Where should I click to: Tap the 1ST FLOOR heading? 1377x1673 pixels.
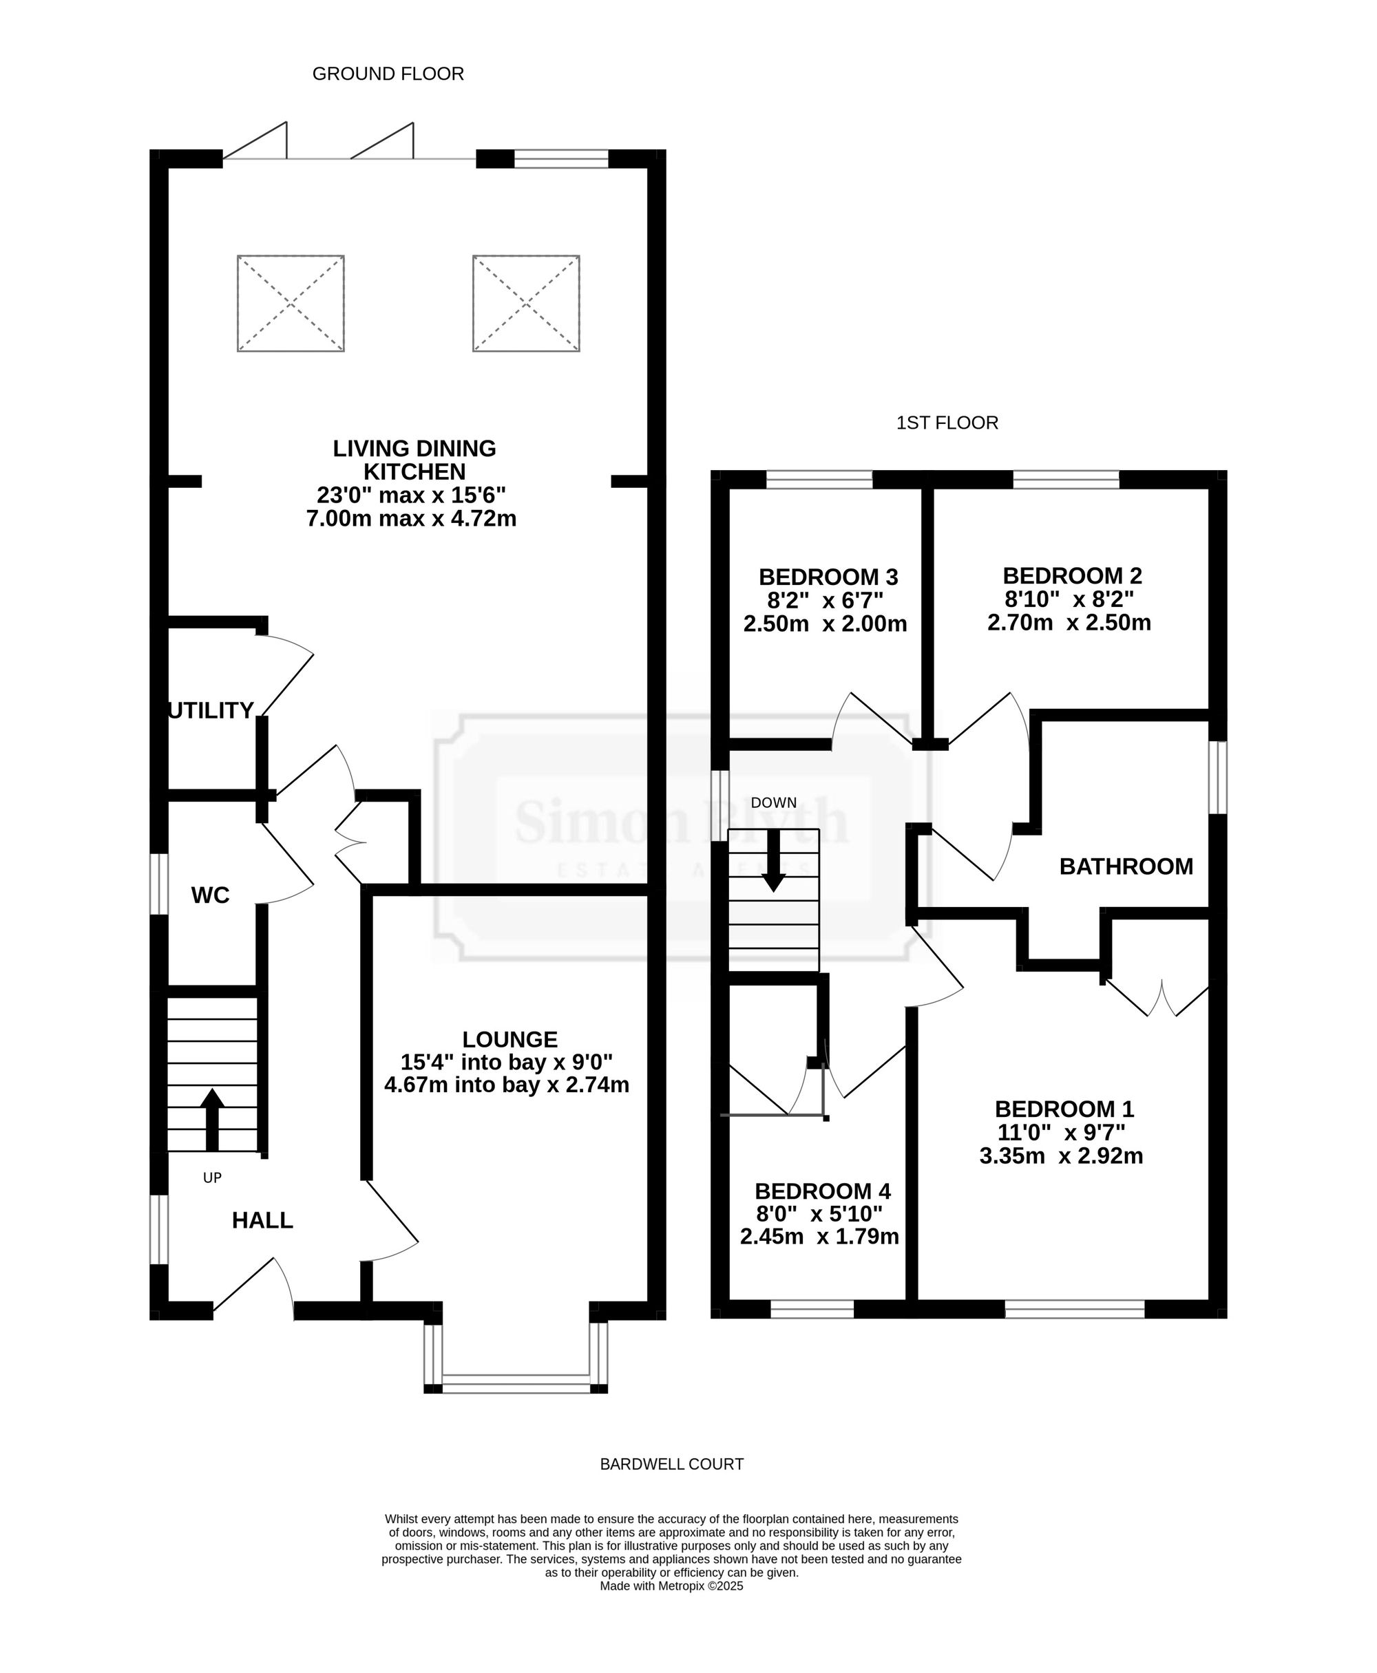(x=947, y=423)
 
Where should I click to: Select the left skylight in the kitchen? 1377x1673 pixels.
(x=291, y=303)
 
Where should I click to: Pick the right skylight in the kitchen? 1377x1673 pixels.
(x=526, y=303)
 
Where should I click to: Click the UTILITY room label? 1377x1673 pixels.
(x=211, y=710)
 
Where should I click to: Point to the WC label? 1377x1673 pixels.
(x=210, y=895)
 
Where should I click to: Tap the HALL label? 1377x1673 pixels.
(x=262, y=1220)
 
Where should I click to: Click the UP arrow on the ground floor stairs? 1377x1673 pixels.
(x=212, y=1120)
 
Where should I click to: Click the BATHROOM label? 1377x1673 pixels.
(x=1126, y=866)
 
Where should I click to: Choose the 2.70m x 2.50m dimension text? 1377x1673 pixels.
(x=1069, y=622)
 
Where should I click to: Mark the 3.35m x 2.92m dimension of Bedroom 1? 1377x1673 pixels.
(x=1061, y=1156)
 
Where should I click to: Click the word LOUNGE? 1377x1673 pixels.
(x=510, y=1039)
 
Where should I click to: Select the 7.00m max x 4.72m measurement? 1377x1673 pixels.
(x=412, y=518)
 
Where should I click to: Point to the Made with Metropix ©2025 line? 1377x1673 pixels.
(x=672, y=1586)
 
